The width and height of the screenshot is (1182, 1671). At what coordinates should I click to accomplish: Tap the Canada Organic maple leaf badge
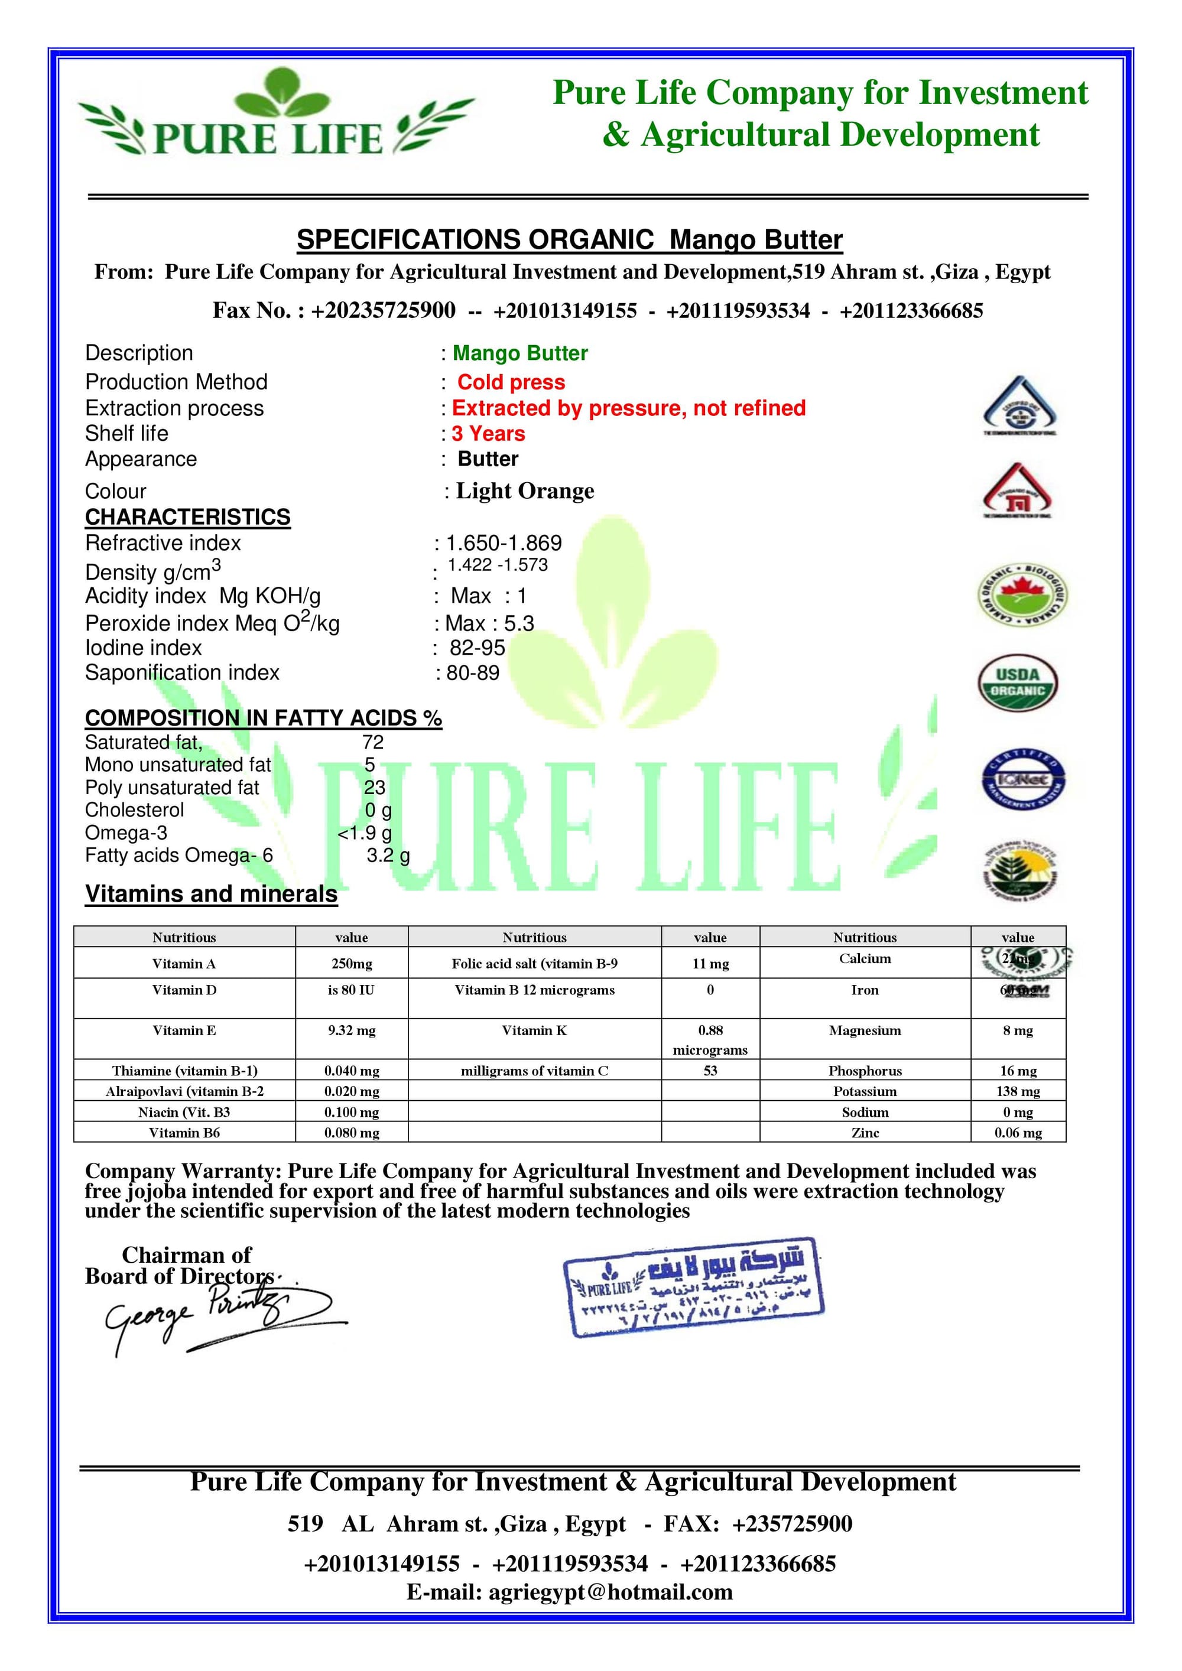1021,596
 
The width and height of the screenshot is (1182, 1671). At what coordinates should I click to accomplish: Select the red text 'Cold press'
511,382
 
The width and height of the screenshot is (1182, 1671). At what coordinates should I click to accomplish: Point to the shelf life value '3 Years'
488,434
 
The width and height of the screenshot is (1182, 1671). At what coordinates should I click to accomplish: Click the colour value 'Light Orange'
525,491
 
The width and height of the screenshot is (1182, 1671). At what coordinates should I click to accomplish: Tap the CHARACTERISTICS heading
188,517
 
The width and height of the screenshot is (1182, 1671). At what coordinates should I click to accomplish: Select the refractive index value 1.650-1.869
504,543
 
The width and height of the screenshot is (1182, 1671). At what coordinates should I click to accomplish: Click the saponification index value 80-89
473,672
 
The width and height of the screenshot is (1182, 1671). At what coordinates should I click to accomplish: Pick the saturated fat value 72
373,742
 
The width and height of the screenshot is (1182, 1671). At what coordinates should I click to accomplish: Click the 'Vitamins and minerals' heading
211,894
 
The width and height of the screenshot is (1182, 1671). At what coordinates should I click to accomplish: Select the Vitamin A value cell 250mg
352,964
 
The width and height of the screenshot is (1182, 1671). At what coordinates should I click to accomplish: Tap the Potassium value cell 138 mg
1018,1091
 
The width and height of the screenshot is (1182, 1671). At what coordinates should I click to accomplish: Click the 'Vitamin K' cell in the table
534,1030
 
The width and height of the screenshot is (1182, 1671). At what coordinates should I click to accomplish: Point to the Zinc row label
865,1133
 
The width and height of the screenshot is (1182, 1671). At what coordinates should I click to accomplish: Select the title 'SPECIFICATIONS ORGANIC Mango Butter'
569,239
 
